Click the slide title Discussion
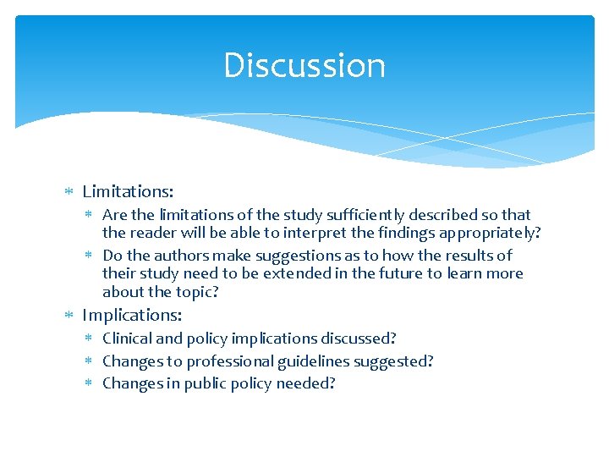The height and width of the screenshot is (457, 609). pos(304,65)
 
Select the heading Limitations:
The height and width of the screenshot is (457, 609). pos(128,192)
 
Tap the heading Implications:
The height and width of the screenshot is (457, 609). pos(132,315)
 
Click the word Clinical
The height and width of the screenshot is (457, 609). pos(128,339)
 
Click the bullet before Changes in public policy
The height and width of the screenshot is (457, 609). pos(91,384)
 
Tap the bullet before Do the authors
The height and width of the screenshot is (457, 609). pos(91,256)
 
